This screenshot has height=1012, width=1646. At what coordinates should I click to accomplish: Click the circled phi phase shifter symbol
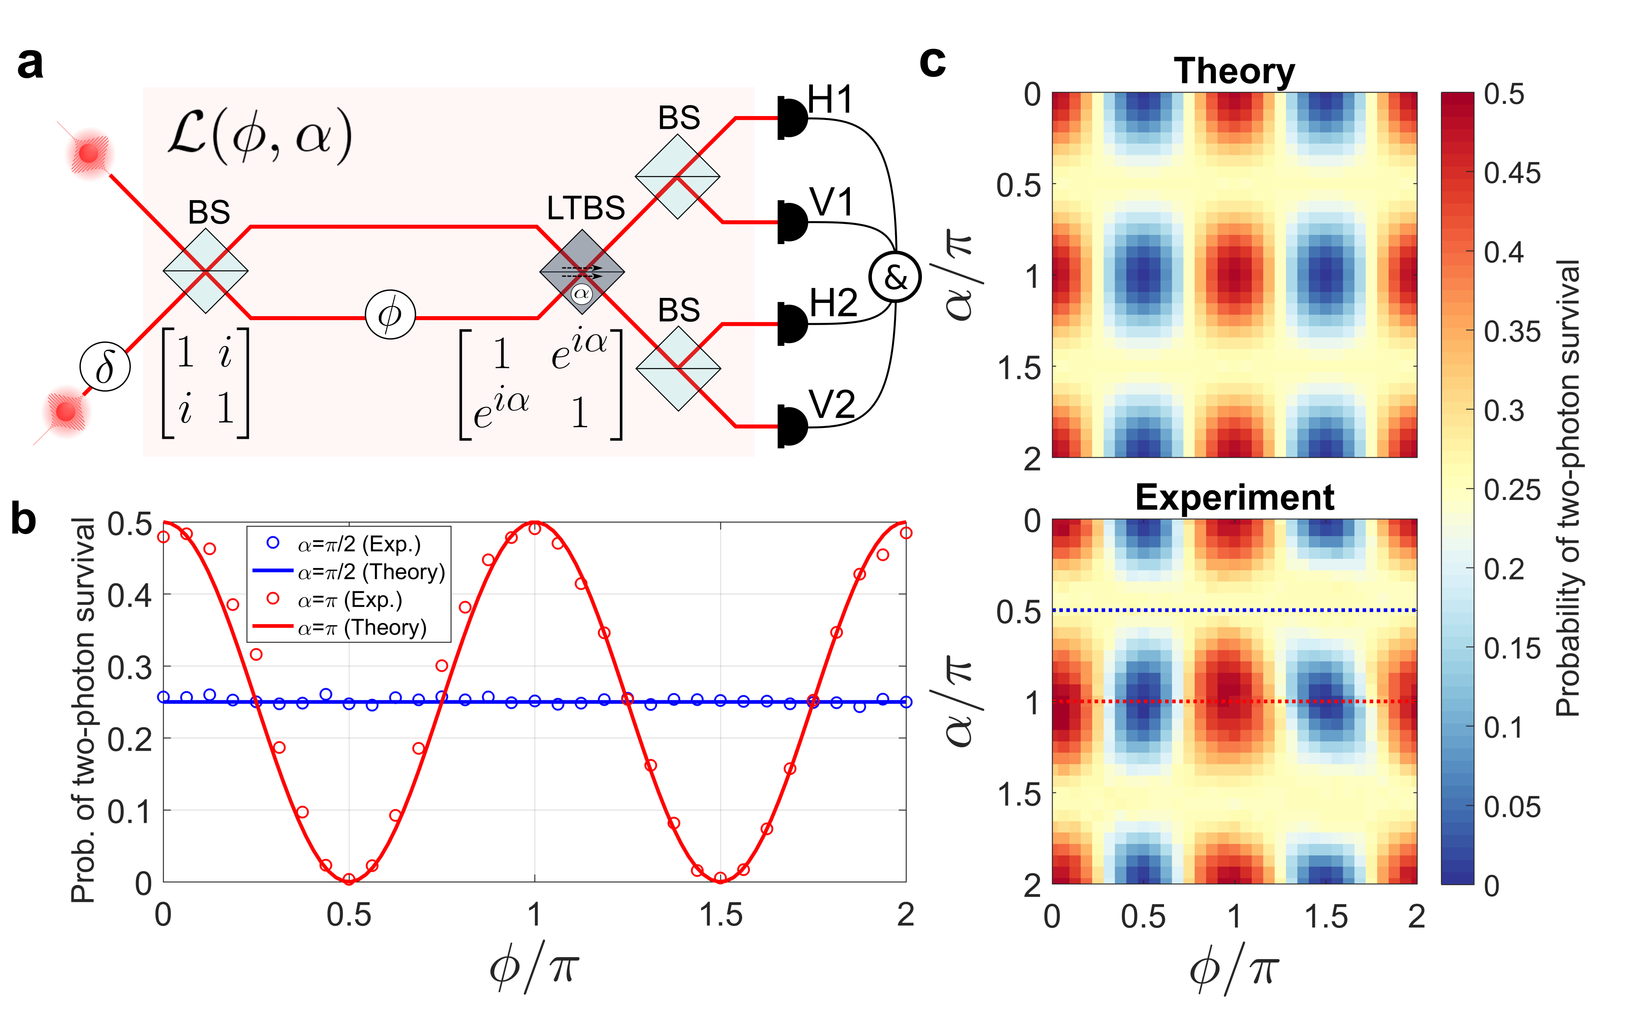(390, 314)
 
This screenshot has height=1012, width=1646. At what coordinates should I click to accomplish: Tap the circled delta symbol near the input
(105, 367)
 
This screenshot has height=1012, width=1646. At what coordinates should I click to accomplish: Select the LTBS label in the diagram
(586, 208)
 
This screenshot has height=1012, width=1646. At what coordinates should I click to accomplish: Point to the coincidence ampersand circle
(895, 276)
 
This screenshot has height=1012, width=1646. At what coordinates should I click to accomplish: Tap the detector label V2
(832, 405)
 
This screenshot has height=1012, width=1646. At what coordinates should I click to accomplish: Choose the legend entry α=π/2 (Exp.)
(359, 544)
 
